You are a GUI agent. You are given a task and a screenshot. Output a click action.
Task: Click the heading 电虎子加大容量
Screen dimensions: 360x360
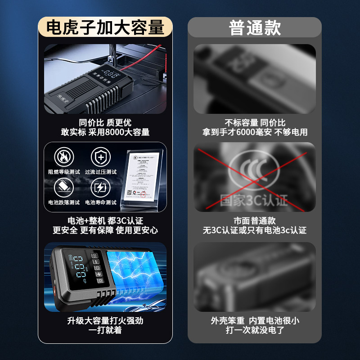tap(105, 28)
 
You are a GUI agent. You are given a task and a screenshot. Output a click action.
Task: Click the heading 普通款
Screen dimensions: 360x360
tap(255, 28)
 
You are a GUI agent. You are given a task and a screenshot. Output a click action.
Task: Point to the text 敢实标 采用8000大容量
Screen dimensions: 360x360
tap(105, 132)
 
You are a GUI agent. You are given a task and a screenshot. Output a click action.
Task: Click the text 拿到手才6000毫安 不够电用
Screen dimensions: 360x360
tap(255, 132)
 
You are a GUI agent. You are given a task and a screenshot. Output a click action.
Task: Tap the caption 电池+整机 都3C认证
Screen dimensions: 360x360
tap(105, 220)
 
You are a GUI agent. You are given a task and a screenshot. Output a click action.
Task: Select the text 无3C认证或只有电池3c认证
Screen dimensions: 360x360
tap(255, 230)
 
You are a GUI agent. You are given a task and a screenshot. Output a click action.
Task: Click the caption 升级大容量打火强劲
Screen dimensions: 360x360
tap(105, 321)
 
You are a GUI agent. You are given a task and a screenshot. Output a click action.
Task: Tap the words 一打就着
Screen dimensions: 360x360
tap(105, 330)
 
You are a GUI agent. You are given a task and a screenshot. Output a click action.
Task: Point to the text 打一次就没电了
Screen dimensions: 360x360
tap(255, 330)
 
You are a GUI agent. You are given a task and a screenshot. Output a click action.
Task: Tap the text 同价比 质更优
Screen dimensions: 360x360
tap(105, 123)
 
